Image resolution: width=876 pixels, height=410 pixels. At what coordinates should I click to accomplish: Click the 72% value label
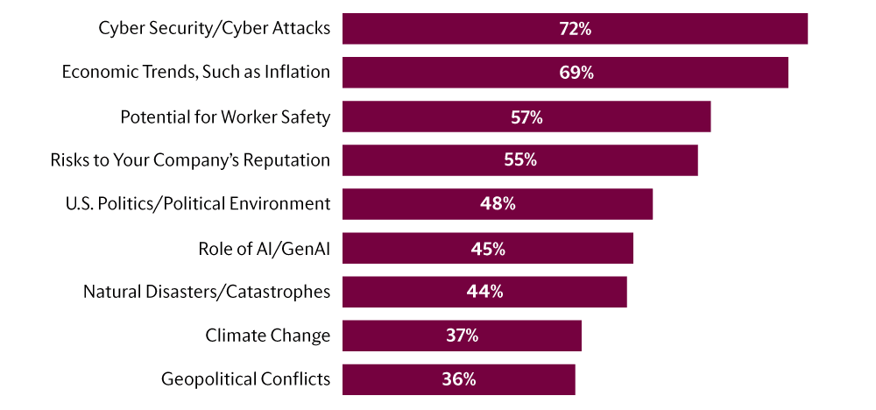coord(575,29)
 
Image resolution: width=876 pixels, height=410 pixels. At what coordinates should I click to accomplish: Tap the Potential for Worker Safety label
coord(225,117)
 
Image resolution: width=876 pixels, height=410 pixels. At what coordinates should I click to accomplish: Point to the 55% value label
coord(519,160)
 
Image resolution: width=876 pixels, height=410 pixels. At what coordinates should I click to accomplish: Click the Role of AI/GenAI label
coord(265,248)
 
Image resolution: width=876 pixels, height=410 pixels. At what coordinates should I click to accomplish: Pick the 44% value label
coord(484,292)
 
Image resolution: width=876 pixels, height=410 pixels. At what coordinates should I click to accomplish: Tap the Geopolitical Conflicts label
coord(245,379)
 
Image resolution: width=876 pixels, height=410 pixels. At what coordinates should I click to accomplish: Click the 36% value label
coord(458,379)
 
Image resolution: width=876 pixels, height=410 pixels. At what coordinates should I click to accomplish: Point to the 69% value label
coord(576,73)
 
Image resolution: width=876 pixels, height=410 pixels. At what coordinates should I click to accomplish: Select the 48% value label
coord(497,204)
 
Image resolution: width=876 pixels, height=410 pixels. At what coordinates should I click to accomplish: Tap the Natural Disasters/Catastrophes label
coord(207,292)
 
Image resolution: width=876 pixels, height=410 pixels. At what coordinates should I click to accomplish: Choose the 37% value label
coord(462,336)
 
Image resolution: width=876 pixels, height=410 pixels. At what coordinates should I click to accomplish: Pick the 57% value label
coord(526,117)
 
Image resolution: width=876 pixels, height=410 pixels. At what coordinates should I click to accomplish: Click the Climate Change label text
coord(268,336)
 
